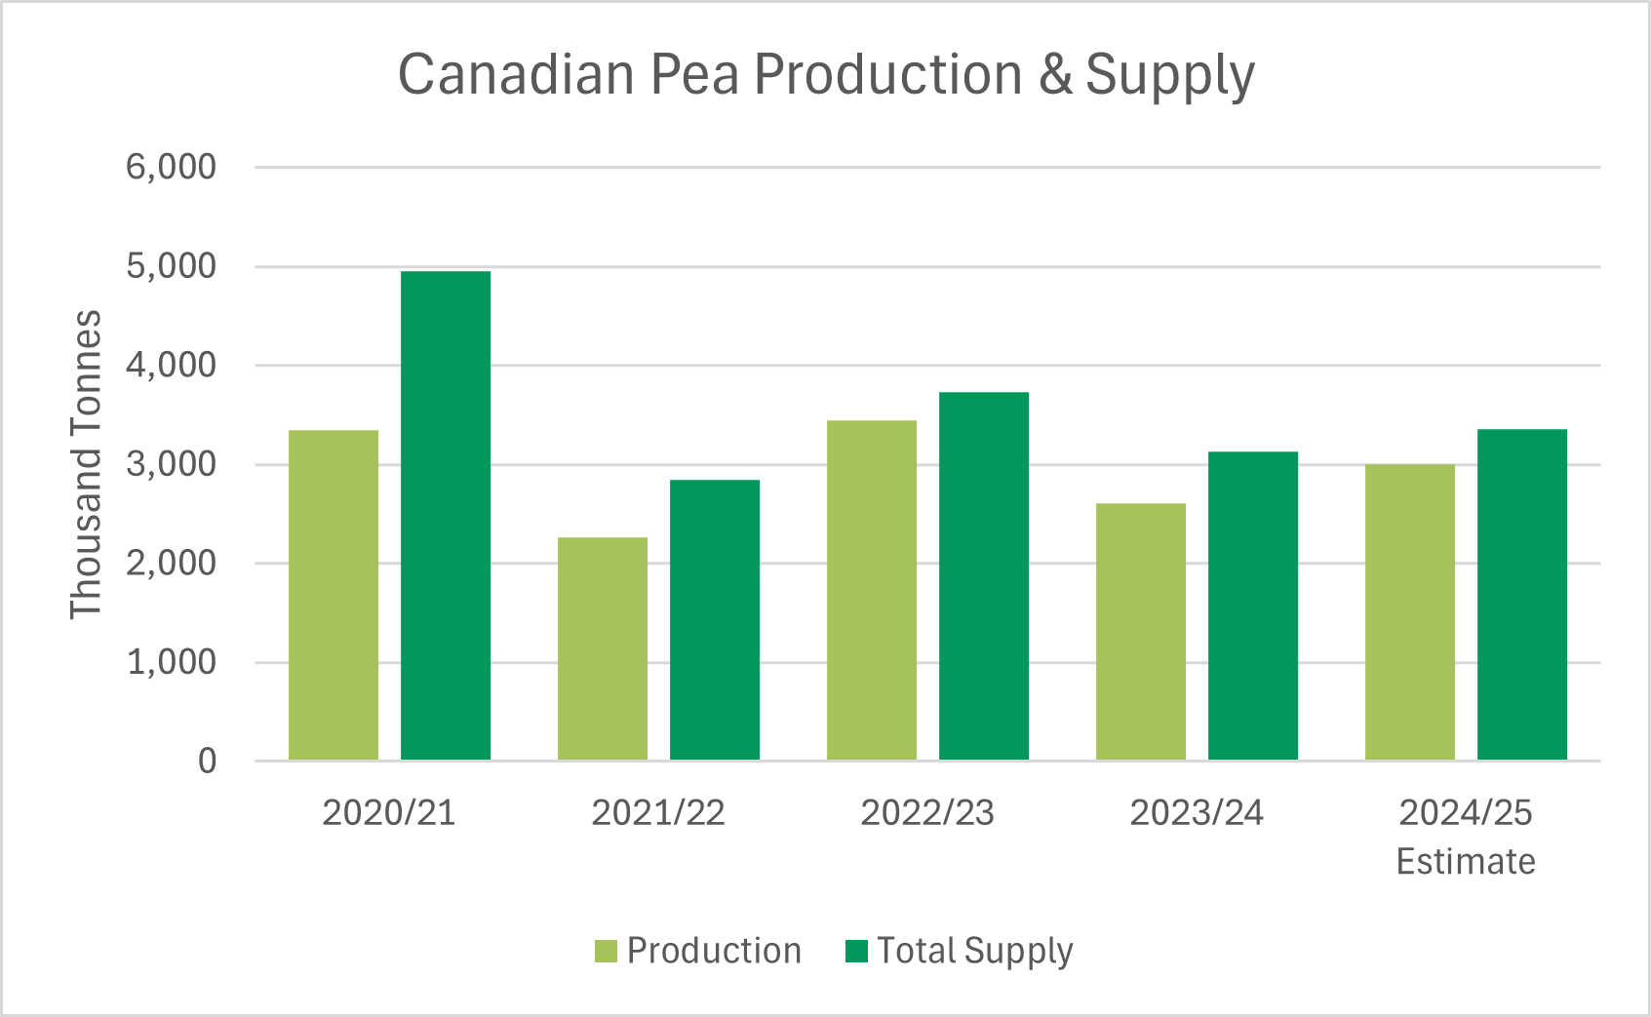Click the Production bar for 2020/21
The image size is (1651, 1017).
[334, 595]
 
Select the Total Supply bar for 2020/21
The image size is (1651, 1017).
[446, 516]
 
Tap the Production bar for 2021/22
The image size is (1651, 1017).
[603, 648]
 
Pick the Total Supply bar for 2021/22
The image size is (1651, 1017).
[715, 619]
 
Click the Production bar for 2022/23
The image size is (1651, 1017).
[872, 590]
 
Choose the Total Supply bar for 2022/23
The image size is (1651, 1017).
[984, 575]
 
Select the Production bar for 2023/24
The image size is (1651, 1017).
[1141, 631]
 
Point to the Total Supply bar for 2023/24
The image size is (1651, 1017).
[1253, 606]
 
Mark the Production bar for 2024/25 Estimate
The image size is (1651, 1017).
[1410, 611]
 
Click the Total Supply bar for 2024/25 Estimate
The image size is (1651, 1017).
[1522, 595]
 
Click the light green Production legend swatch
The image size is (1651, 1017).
[606, 951]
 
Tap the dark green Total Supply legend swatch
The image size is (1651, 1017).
[856, 951]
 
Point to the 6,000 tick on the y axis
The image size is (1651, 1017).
[171, 167]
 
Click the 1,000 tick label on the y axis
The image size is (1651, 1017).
[171, 662]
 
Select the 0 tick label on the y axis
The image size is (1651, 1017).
[207, 762]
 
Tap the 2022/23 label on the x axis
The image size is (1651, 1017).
[927, 812]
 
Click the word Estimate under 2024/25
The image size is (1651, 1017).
[1466, 862]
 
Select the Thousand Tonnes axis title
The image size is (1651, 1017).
[86, 464]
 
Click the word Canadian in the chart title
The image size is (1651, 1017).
[516, 75]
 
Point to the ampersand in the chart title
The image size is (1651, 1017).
[1055, 75]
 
